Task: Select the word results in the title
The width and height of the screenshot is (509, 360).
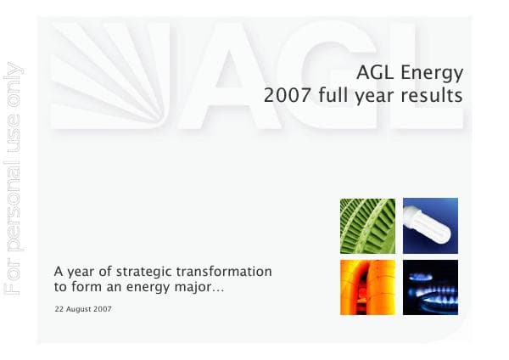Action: click(433, 95)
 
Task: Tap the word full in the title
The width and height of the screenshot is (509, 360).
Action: click(328, 95)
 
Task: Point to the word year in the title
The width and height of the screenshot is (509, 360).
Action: click(371, 96)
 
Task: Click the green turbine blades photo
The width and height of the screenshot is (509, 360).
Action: click(367, 226)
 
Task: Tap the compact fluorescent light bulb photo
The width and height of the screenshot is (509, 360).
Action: click(430, 226)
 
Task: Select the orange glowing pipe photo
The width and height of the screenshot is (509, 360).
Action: click(367, 287)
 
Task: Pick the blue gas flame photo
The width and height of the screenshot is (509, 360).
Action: click(430, 287)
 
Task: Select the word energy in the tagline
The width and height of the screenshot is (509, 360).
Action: click(159, 289)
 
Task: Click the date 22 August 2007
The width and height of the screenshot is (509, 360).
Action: click(82, 309)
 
